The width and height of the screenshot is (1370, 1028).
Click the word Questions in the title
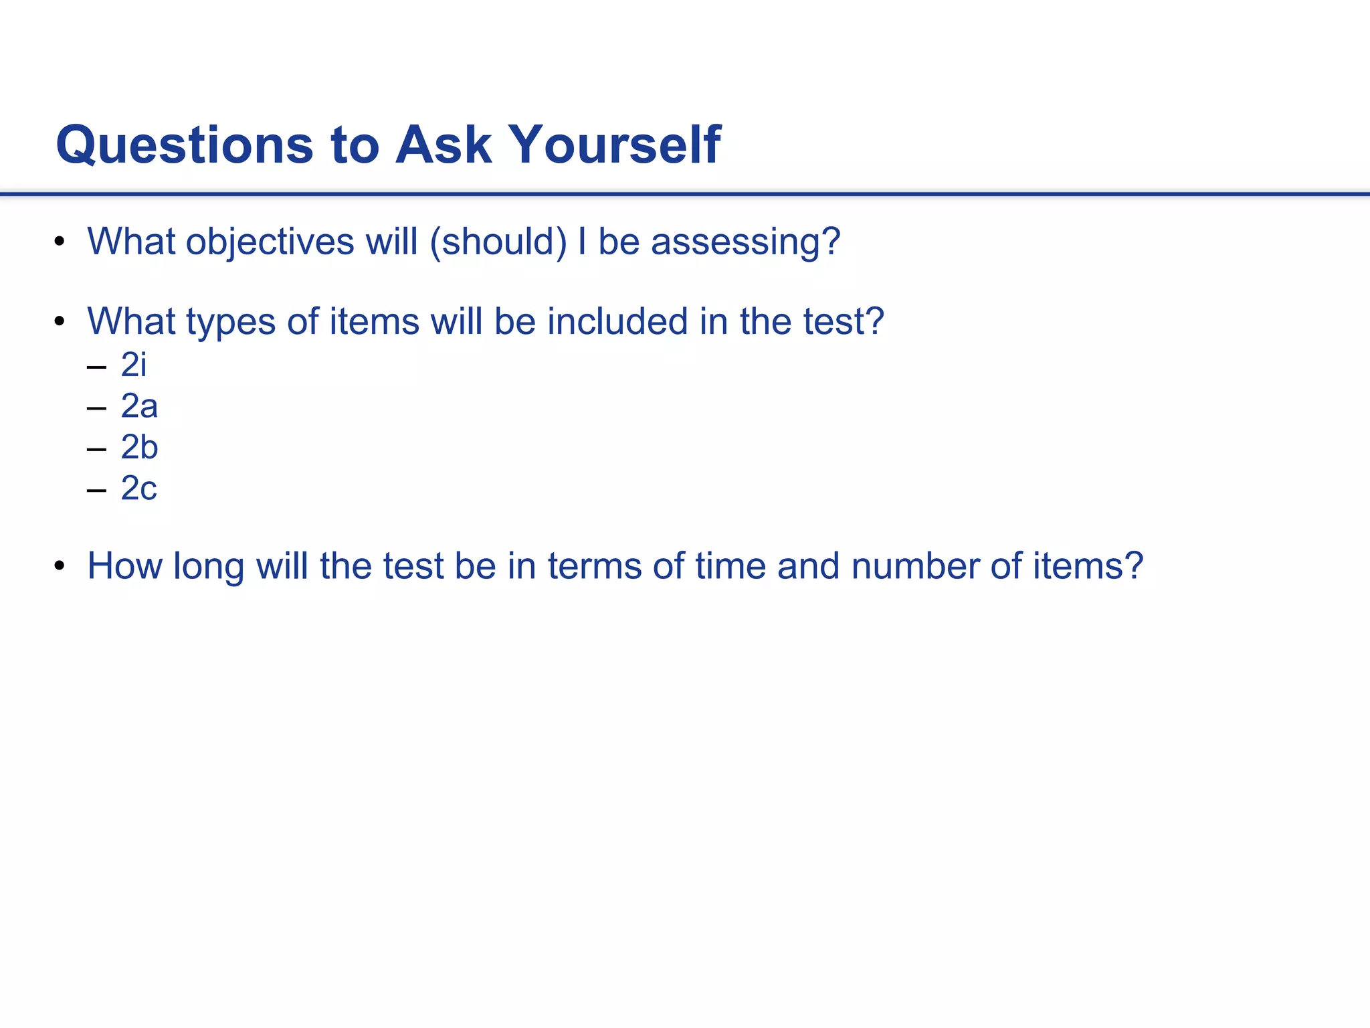(185, 145)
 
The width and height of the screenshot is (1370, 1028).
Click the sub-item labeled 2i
(133, 365)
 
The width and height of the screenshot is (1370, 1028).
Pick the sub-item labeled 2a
(139, 406)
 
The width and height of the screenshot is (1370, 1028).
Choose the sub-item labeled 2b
(139, 448)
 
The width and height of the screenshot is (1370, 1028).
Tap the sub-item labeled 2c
(138, 489)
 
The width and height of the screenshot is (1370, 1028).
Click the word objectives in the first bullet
(270, 242)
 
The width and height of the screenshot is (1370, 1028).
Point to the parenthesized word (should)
(498, 242)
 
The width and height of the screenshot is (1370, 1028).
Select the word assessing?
(745, 242)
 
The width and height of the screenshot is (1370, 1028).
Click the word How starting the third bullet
(124, 566)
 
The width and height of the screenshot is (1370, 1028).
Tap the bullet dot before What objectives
(60, 242)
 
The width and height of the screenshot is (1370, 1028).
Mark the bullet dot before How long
(60, 567)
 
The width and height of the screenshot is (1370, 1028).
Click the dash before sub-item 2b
(96, 449)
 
